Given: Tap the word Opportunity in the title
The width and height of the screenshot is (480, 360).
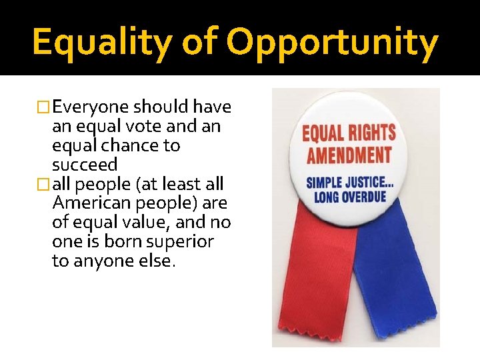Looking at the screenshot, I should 333,41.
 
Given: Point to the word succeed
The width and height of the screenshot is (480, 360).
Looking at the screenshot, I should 85,165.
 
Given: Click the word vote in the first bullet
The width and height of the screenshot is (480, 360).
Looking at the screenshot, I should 153,126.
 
